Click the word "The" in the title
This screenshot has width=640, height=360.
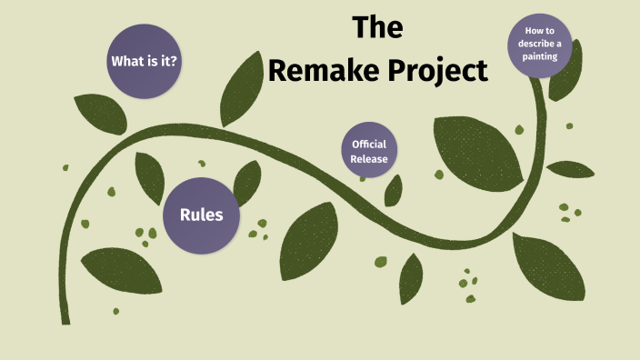coord(377,28)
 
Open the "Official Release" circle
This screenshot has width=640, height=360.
coord(370,152)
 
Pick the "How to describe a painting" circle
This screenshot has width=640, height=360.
coord(542,46)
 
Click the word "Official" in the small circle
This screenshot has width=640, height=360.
coord(370,145)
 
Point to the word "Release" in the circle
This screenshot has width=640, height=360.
coord(370,159)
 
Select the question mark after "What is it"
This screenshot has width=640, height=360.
coord(174,62)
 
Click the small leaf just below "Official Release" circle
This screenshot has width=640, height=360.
coord(394,190)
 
